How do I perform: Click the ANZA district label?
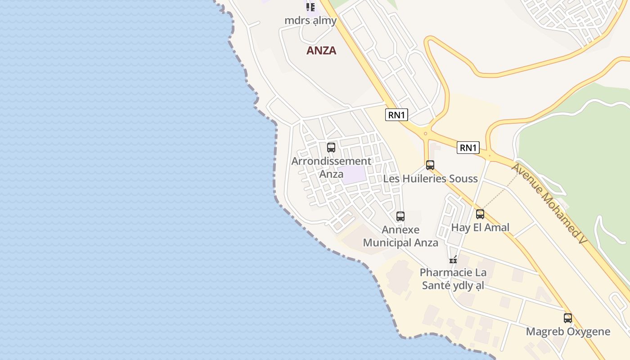321,50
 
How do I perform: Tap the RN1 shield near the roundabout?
396,115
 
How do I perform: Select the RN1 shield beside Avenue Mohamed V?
468,148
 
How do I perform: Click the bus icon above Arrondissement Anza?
331,147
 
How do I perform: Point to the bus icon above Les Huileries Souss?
430,165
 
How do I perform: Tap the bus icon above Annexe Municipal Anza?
400,216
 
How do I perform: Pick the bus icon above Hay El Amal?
480,214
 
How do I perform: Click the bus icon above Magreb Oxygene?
568,318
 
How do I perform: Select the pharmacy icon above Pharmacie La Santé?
453,259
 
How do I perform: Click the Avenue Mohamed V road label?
549,204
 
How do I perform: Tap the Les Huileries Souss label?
430,179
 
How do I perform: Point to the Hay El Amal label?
480,227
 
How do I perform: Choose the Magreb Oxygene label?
568,332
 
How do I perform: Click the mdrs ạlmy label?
310,20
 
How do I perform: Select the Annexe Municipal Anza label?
400,236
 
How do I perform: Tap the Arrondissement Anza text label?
331,167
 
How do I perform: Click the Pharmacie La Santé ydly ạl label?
453,279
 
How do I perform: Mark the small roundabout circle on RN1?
425,134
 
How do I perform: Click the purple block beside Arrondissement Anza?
353,175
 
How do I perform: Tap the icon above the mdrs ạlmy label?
310,7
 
